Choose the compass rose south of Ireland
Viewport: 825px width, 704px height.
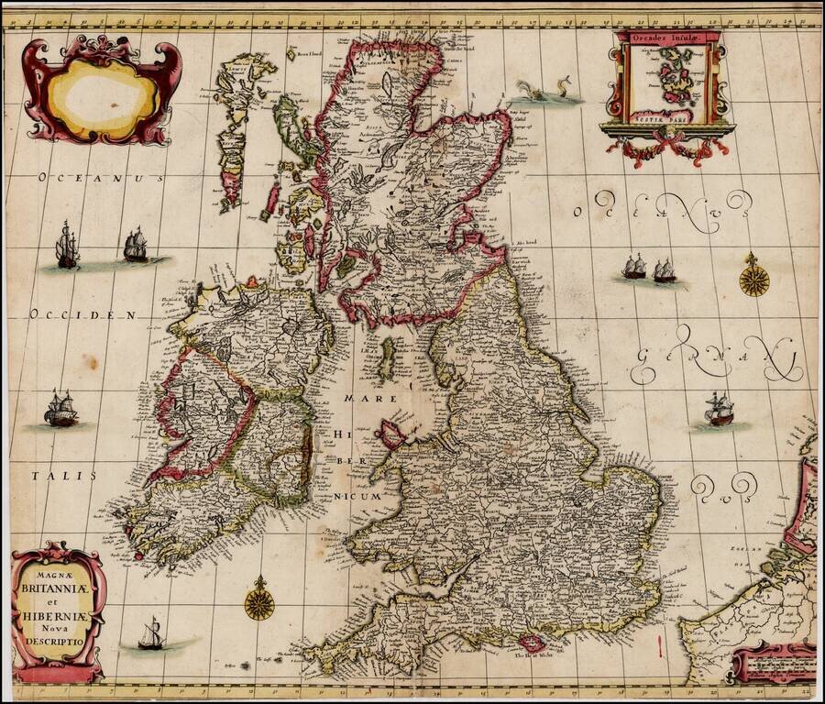click(259, 600)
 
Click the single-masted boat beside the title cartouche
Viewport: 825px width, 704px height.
click(149, 634)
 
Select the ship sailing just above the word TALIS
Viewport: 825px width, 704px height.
click(61, 409)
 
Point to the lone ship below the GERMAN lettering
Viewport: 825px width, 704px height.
click(719, 410)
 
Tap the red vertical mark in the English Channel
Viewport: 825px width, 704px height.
click(660, 647)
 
